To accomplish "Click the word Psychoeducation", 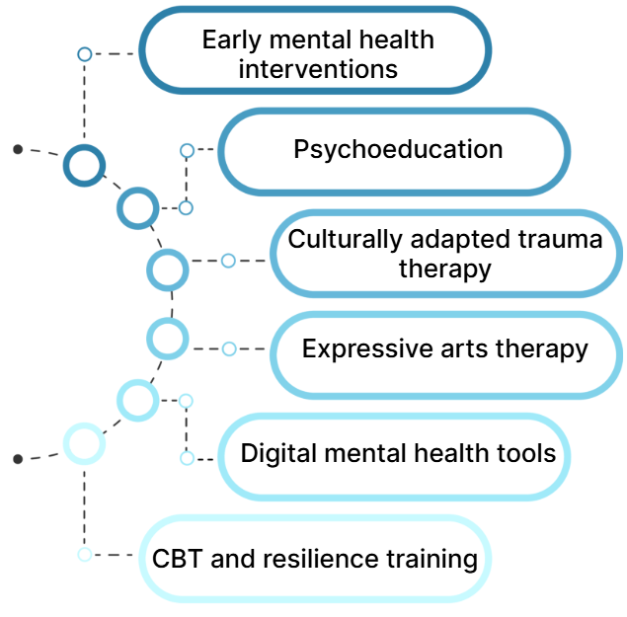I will click(398, 150).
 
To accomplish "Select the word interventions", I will click(318, 69).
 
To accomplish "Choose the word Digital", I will click(272, 454).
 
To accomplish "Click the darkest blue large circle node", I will click(84, 164).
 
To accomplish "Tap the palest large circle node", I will click(84, 443).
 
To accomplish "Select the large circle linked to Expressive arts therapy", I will click(167, 339).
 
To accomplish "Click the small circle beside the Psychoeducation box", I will click(187, 150).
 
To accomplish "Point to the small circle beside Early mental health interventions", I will click(85, 54).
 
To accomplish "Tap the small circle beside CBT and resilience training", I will click(85, 554).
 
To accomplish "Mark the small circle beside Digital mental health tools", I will click(187, 458).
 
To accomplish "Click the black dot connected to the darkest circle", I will click(18, 149).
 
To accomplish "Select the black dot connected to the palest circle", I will click(18, 459).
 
